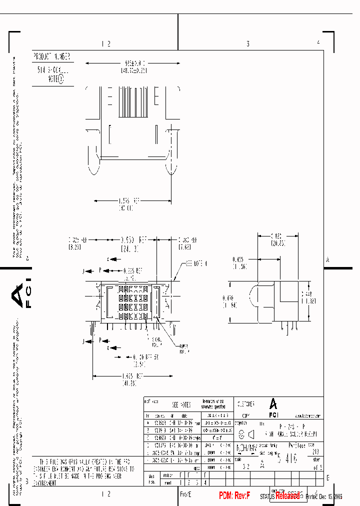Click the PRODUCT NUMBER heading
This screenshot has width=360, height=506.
tap(51, 56)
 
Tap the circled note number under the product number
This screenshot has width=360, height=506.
tap(61, 78)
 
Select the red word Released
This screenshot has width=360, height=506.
tap(287, 495)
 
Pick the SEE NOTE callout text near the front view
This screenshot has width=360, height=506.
tap(196, 262)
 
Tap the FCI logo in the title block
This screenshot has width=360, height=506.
tap(273, 407)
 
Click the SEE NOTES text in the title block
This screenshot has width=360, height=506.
tap(181, 404)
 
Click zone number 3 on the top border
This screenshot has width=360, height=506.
tap(247, 44)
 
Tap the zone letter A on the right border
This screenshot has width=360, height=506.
tap(328, 259)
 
